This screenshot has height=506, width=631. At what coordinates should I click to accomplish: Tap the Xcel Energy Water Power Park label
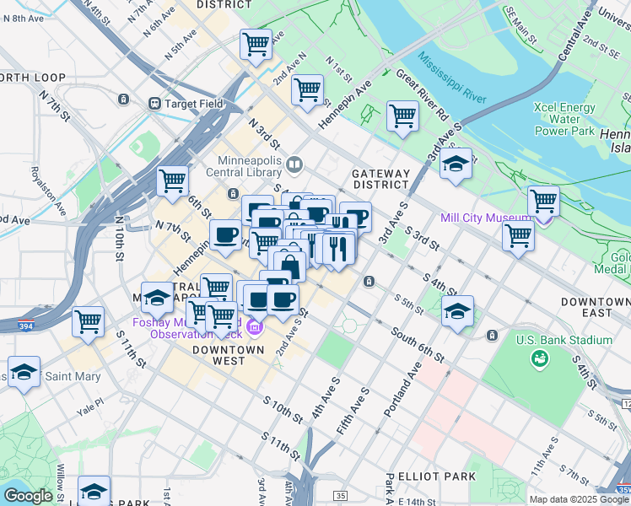[564, 119]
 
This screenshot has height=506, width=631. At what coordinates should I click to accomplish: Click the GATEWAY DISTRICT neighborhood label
[380, 179]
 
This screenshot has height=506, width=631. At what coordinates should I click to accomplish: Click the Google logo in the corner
[28, 496]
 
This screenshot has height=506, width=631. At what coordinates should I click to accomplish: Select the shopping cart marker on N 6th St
[172, 181]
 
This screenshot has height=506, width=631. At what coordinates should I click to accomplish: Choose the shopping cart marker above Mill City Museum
[543, 202]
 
